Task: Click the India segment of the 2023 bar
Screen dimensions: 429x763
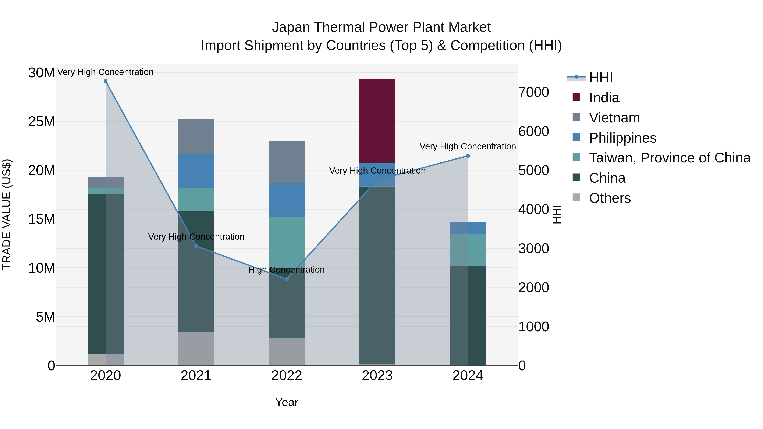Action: (x=377, y=121)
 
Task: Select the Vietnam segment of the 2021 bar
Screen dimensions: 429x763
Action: (x=196, y=137)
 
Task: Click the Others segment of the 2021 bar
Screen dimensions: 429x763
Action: (x=196, y=348)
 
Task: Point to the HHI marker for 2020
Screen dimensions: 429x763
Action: (x=106, y=81)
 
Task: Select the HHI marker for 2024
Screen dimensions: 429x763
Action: (x=468, y=156)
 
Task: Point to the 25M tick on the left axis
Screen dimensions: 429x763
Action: (x=42, y=121)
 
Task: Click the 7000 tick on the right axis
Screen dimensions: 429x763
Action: (x=533, y=92)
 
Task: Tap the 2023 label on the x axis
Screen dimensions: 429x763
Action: (x=377, y=376)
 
